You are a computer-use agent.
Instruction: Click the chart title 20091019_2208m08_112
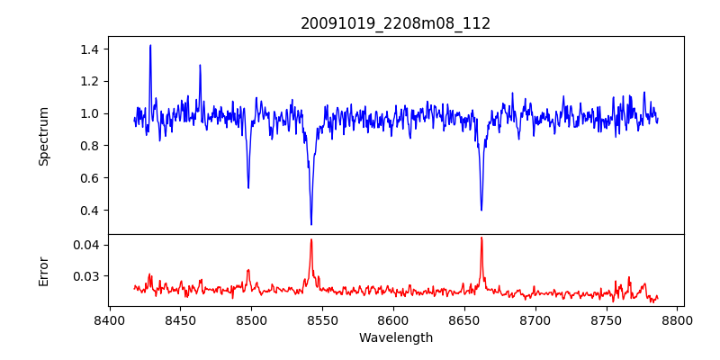[395, 23]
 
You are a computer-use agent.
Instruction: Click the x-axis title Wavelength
[395, 337]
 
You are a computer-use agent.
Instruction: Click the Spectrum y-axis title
[43, 136]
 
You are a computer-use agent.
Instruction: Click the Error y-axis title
[43, 270]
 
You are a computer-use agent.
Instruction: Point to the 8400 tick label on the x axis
[109, 319]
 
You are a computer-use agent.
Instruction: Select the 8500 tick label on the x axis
[251, 319]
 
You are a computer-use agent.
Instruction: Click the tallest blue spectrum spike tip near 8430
[150, 45]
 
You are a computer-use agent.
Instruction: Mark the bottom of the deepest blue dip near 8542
[311, 224]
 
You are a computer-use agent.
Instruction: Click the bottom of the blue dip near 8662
[481, 211]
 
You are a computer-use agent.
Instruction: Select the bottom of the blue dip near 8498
[248, 187]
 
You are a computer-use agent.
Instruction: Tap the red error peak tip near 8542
[311, 239]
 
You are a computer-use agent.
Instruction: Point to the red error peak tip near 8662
[481, 238]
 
